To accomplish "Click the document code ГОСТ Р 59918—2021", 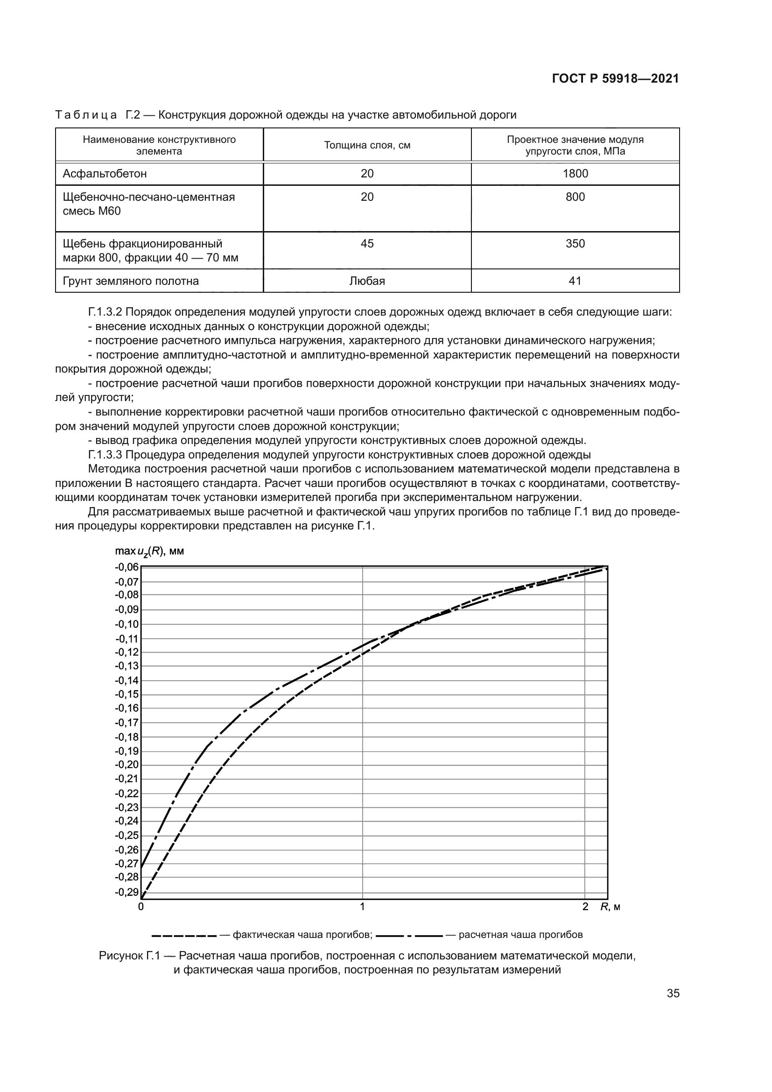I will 615,79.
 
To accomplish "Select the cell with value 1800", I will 575,174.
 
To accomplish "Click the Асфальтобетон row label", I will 105,174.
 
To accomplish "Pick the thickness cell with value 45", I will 367,244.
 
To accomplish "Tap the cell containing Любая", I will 367,281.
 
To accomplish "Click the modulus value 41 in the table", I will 575,281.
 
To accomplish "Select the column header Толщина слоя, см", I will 367,146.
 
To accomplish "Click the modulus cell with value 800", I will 575,197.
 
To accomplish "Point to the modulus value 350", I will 575,244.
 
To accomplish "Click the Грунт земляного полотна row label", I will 131,281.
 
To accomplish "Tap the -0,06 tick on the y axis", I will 126,567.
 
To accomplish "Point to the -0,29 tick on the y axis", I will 126,892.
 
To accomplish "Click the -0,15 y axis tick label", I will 126,694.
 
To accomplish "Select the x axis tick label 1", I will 362,907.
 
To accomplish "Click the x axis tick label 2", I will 585,907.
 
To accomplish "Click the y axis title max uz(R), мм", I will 149,551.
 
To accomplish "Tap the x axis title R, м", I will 611,907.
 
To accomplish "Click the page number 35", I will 673,993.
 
